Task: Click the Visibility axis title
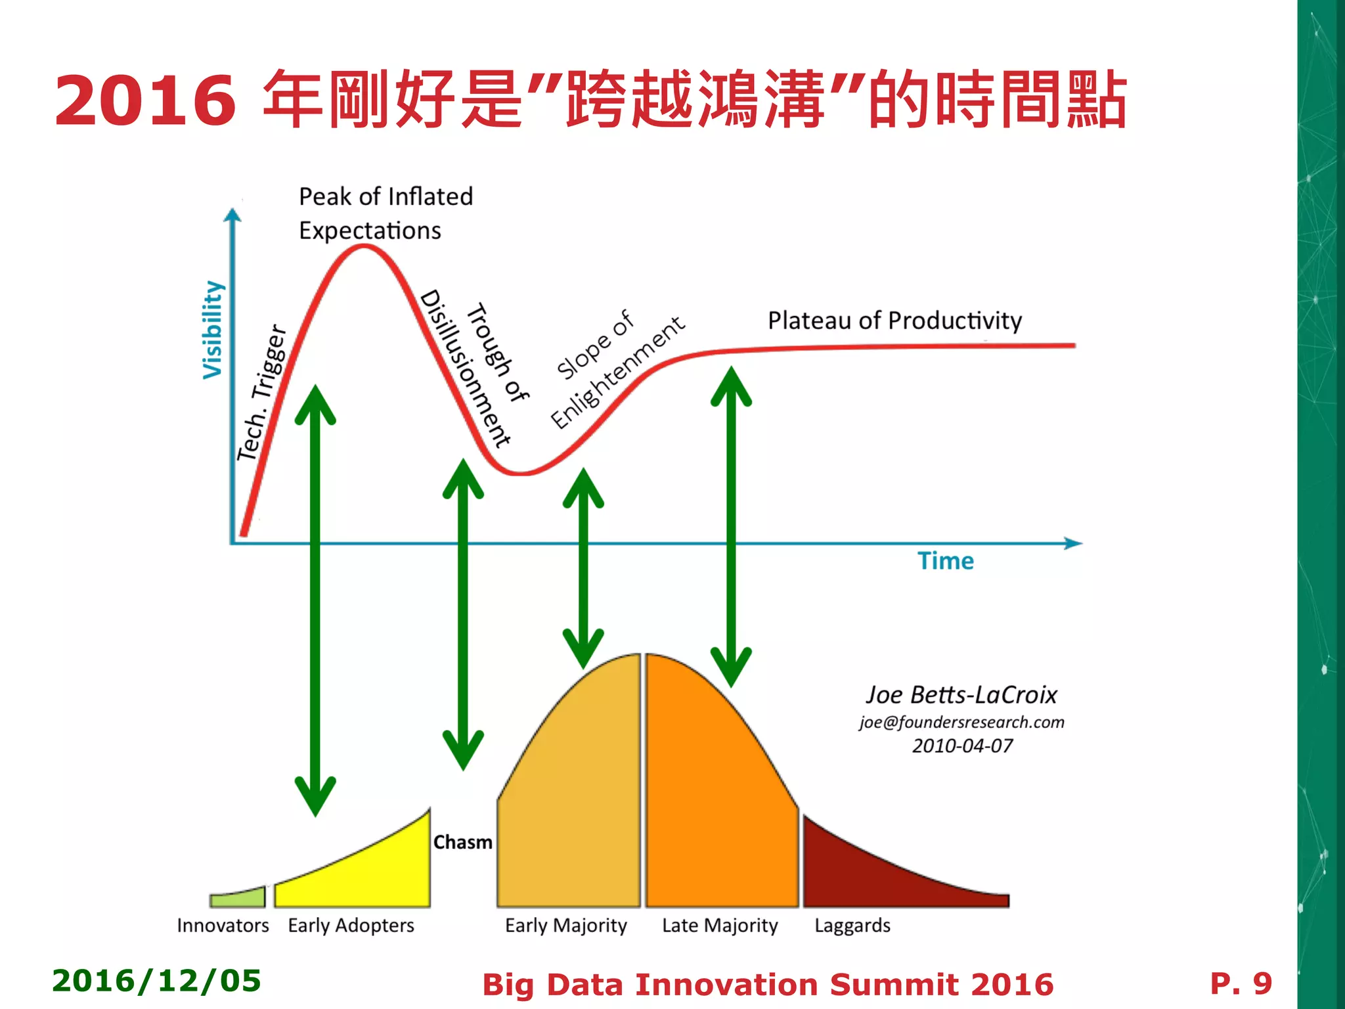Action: [x=213, y=330]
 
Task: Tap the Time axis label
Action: [x=945, y=561]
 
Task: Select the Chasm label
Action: [x=462, y=842]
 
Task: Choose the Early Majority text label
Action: [x=565, y=926]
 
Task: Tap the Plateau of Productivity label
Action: [x=894, y=321]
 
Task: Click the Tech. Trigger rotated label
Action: [x=262, y=393]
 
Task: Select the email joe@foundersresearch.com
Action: [x=961, y=722]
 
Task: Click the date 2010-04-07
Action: [x=962, y=746]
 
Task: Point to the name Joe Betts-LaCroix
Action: [x=961, y=695]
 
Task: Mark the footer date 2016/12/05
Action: [x=156, y=981]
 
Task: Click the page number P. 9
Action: [x=1241, y=983]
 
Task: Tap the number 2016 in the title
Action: [x=145, y=101]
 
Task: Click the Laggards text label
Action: [x=852, y=926]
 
